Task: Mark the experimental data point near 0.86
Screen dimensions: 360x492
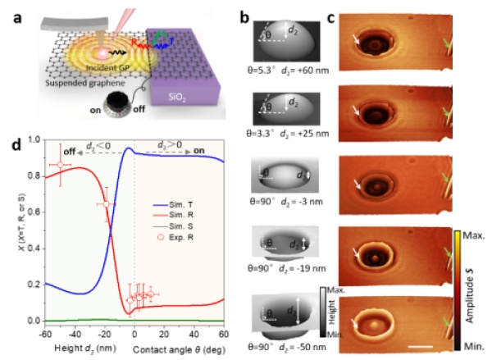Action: coord(61,165)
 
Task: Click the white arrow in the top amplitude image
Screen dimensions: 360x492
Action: coord(353,38)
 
